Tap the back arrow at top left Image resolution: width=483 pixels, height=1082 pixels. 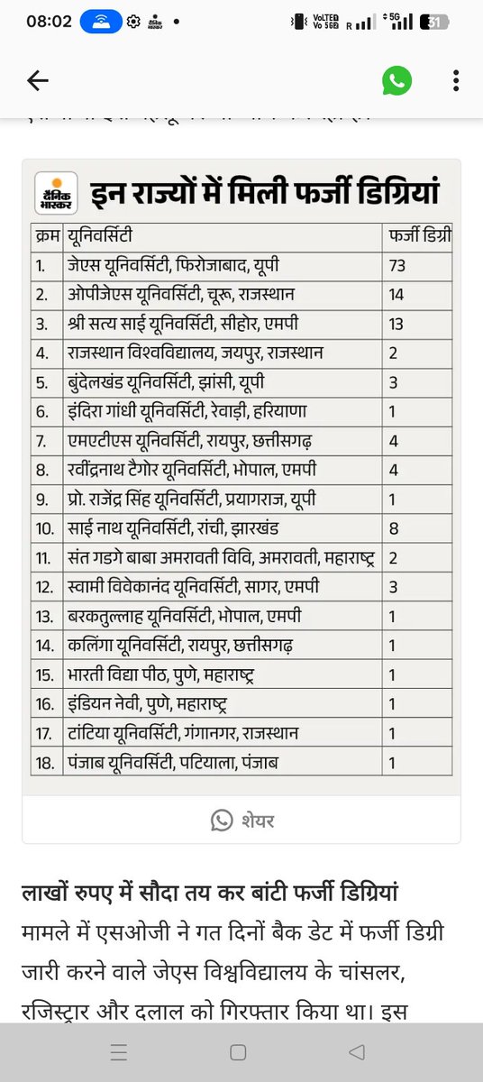[x=37, y=81]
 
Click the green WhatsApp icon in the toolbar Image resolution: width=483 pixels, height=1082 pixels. [x=396, y=81]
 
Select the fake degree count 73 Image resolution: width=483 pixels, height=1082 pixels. [x=397, y=265]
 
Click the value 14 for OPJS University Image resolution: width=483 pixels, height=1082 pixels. [x=397, y=294]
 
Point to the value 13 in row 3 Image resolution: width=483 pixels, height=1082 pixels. [x=397, y=324]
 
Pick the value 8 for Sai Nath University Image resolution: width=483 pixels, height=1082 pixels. [x=394, y=528]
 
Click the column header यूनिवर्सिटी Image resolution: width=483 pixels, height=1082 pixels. [x=100, y=236]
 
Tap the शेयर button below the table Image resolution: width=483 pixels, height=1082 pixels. [x=243, y=820]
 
